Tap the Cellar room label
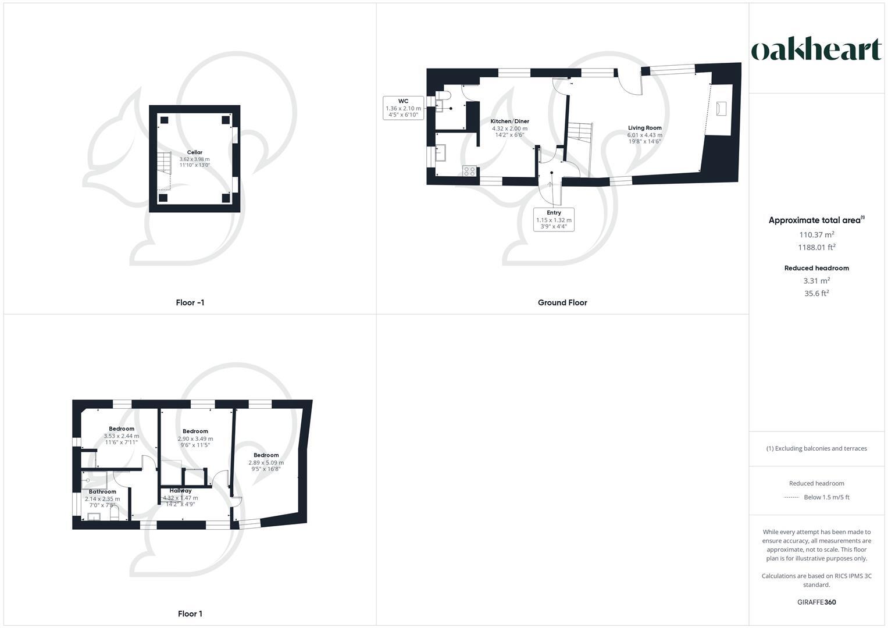click(x=194, y=152)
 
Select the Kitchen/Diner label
click(x=509, y=122)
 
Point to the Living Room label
click(x=644, y=128)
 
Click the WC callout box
click(x=403, y=108)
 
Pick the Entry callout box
click(x=554, y=220)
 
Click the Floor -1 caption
click(x=190, y=302)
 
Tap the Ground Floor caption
click(x=562, y=302)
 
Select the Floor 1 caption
click(x=190, y=613)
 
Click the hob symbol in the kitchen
click(x=469, y=171)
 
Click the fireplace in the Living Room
click(x=721, y=109)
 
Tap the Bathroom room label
click(x=102, y=491)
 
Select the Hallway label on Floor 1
click(x=180, y=490)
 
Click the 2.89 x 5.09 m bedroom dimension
click(x=266, y=463)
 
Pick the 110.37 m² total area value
click(x=816, y=234)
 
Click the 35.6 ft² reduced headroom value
click(x=816, y=294)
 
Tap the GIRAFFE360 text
click(x=816, y=602)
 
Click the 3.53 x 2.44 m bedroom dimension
click(x=121, y=436)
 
